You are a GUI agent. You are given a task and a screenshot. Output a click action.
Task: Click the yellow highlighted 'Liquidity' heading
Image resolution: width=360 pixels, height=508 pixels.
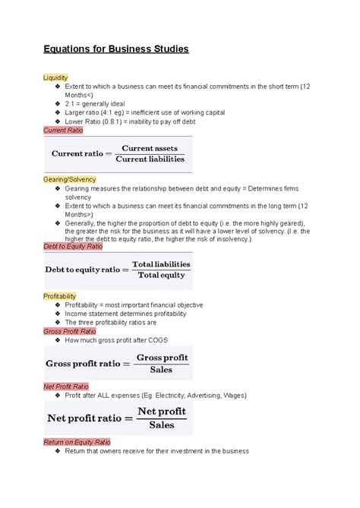pyautogui.click(x=56, y=77)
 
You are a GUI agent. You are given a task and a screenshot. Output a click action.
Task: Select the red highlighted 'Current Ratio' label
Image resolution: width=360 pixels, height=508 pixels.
pyautogui.click(x=64, y=130)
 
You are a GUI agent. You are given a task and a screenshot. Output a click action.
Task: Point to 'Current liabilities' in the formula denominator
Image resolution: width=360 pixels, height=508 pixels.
pyautogui.click(x=150, y=159)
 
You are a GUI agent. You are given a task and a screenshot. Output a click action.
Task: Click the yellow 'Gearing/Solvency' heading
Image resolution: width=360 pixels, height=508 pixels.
pyautogui.click(x=70, y=179)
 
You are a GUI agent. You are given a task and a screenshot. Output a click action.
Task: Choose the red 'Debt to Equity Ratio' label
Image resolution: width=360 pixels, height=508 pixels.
pyautogui.click(x=74, y=246)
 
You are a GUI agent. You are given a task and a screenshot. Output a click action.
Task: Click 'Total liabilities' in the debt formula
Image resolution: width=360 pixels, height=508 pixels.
pyautogui.click(x=161, y=263)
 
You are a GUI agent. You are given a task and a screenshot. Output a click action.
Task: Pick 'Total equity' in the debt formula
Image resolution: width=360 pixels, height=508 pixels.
pyautogui.click(x=161, y=276)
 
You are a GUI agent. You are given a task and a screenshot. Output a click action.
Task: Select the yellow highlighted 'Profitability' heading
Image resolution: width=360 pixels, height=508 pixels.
pyautogui.click(x=60, y=295)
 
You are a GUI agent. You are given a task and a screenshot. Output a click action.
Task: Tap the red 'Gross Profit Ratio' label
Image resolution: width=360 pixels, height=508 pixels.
pyautogui.click(x=70, y=331)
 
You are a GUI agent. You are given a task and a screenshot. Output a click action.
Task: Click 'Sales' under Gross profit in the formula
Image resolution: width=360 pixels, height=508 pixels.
pyautogui.click(x=161, y=371)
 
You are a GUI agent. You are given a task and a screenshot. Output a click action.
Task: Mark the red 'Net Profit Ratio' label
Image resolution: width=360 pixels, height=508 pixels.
pyautogui.click(x=66, y=387)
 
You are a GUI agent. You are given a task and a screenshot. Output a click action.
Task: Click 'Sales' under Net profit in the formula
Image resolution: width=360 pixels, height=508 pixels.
pyautogui.click(x=161, y=425)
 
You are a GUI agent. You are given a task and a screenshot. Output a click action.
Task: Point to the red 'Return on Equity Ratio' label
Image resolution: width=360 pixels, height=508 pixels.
pyautogui.click(x=77, y=441)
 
